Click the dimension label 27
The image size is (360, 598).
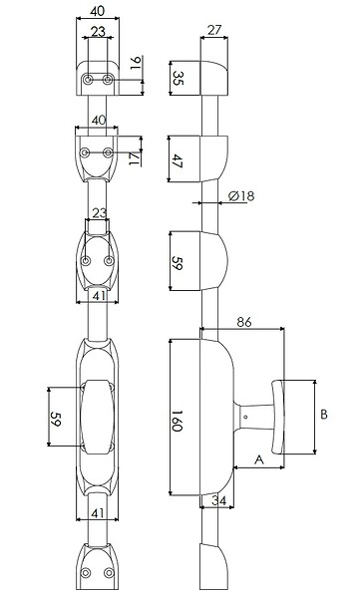[214, 30]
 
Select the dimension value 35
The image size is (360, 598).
[178, 78]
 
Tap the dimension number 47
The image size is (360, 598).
[178, 160]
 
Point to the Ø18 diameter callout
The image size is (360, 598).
[241, 196]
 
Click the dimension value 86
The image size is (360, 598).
[244, 322]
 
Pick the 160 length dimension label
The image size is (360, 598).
[177, 421]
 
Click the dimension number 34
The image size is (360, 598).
[219, 500]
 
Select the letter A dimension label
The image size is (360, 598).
[259, 459]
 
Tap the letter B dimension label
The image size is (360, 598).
[324, 415]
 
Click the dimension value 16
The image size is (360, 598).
[136, 63]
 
